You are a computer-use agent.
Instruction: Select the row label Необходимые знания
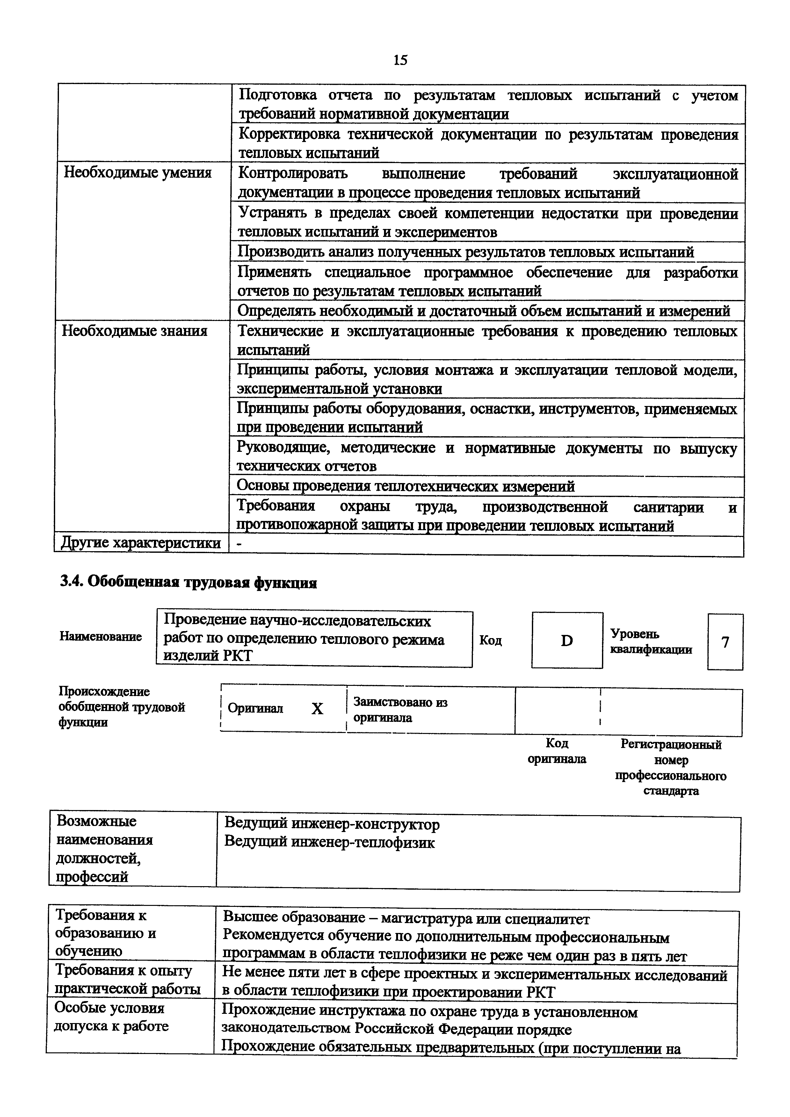[134, 331]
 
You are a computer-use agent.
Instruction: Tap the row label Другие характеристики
[140, 543]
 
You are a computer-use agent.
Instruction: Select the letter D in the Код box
[567, 641]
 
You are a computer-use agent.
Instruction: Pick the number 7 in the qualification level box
[725, 642]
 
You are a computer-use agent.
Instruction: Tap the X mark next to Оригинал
[317, 709]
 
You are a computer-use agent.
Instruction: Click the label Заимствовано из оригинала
[400, 710]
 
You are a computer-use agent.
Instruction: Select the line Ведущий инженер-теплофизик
[329, 843]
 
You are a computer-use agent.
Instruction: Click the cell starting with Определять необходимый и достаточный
[483, 310]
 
